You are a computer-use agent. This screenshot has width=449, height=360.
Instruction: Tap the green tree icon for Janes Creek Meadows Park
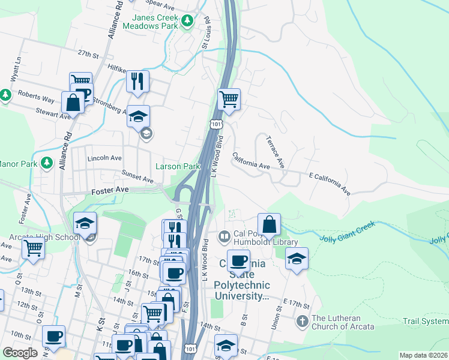(187, 22)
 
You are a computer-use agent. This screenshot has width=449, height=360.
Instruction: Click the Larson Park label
(178, 166)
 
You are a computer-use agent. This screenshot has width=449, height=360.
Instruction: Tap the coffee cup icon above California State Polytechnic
(238, 260)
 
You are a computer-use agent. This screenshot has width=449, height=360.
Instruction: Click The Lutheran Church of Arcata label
(343, 322)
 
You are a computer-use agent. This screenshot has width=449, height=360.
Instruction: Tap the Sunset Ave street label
(137, 178)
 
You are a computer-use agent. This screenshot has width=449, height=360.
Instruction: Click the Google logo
(20, 353)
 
